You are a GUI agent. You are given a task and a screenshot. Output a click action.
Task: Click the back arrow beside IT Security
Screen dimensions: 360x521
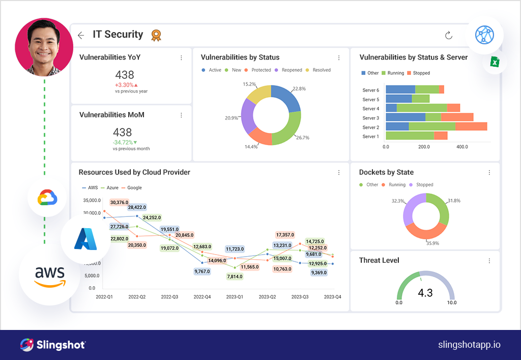coord(81,35)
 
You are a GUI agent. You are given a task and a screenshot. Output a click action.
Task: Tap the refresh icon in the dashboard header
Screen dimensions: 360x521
coord(448,35)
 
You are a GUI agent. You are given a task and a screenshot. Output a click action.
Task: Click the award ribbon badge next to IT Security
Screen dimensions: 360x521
coord(156,35)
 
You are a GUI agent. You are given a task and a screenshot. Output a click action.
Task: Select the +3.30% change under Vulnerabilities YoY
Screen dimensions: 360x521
coord(124,85)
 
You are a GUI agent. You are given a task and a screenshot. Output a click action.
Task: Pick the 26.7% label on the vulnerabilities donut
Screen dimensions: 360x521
coord(303,137)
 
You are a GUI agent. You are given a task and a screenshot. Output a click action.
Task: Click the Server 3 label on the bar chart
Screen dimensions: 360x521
coord(370,118)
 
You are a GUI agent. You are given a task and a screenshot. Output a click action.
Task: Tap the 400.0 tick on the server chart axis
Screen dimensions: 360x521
coord(462,147)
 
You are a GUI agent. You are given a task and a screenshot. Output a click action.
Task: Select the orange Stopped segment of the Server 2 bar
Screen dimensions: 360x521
coord(471,127)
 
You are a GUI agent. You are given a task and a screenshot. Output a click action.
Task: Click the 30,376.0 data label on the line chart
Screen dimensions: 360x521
coord(119,203)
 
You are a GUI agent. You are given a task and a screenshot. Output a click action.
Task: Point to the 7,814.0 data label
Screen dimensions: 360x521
coord(235,276)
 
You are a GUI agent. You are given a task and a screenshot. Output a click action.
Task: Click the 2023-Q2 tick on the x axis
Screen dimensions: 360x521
coord(267,296)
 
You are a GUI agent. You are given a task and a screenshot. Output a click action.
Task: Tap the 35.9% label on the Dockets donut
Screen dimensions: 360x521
coord(432,243)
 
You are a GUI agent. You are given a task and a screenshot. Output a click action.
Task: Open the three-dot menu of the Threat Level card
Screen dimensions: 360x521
coord(489,261)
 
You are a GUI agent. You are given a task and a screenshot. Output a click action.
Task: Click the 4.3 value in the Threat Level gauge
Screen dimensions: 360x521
coord(425,293)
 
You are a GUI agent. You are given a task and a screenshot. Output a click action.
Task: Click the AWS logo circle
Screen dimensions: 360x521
coord(49,275)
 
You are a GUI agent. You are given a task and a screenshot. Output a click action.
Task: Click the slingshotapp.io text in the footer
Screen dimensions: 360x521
coord(469,345)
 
